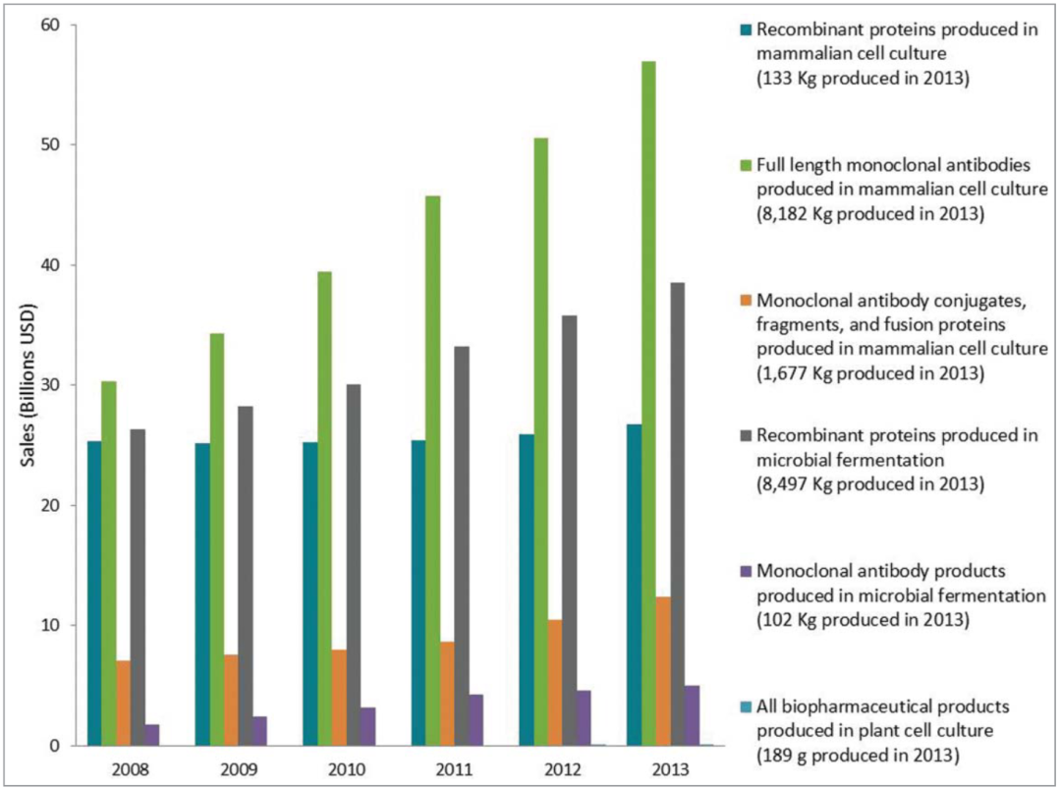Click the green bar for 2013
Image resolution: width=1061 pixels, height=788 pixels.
pos(648,403)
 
